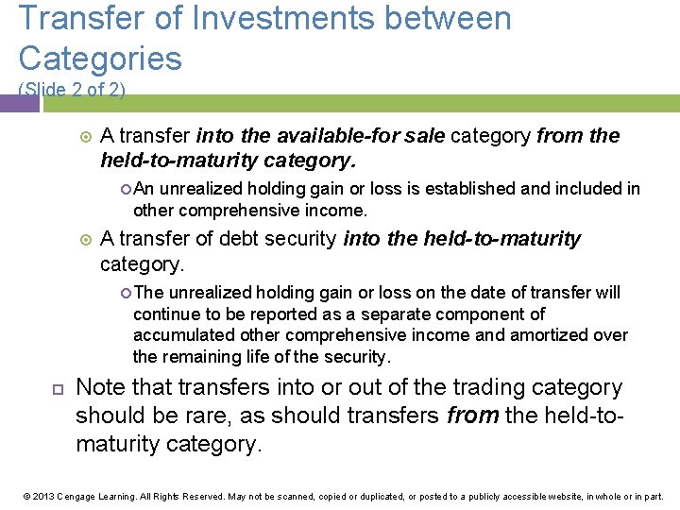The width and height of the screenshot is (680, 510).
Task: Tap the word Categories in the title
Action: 100,59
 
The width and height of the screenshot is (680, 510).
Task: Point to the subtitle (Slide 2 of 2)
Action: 72,89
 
